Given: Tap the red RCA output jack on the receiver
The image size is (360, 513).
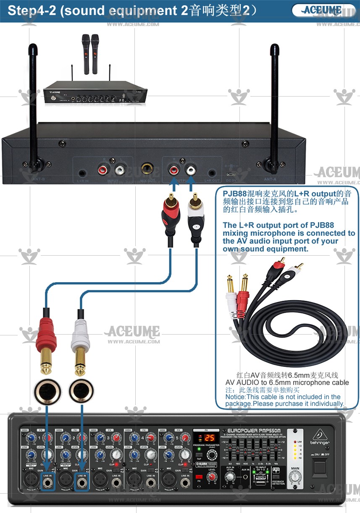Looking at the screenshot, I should [x=173, y=170].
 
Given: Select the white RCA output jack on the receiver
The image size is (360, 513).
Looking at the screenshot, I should [x=191, y=170].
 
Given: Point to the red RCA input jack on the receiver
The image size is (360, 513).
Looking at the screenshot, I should [x=102, y=170].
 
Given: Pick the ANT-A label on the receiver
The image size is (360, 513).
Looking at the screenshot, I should [x=270, y=179].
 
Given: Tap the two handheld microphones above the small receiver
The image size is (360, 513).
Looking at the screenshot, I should [x=90, y=53].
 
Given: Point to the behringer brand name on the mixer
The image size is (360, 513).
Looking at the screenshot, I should [x=321, y=442].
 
